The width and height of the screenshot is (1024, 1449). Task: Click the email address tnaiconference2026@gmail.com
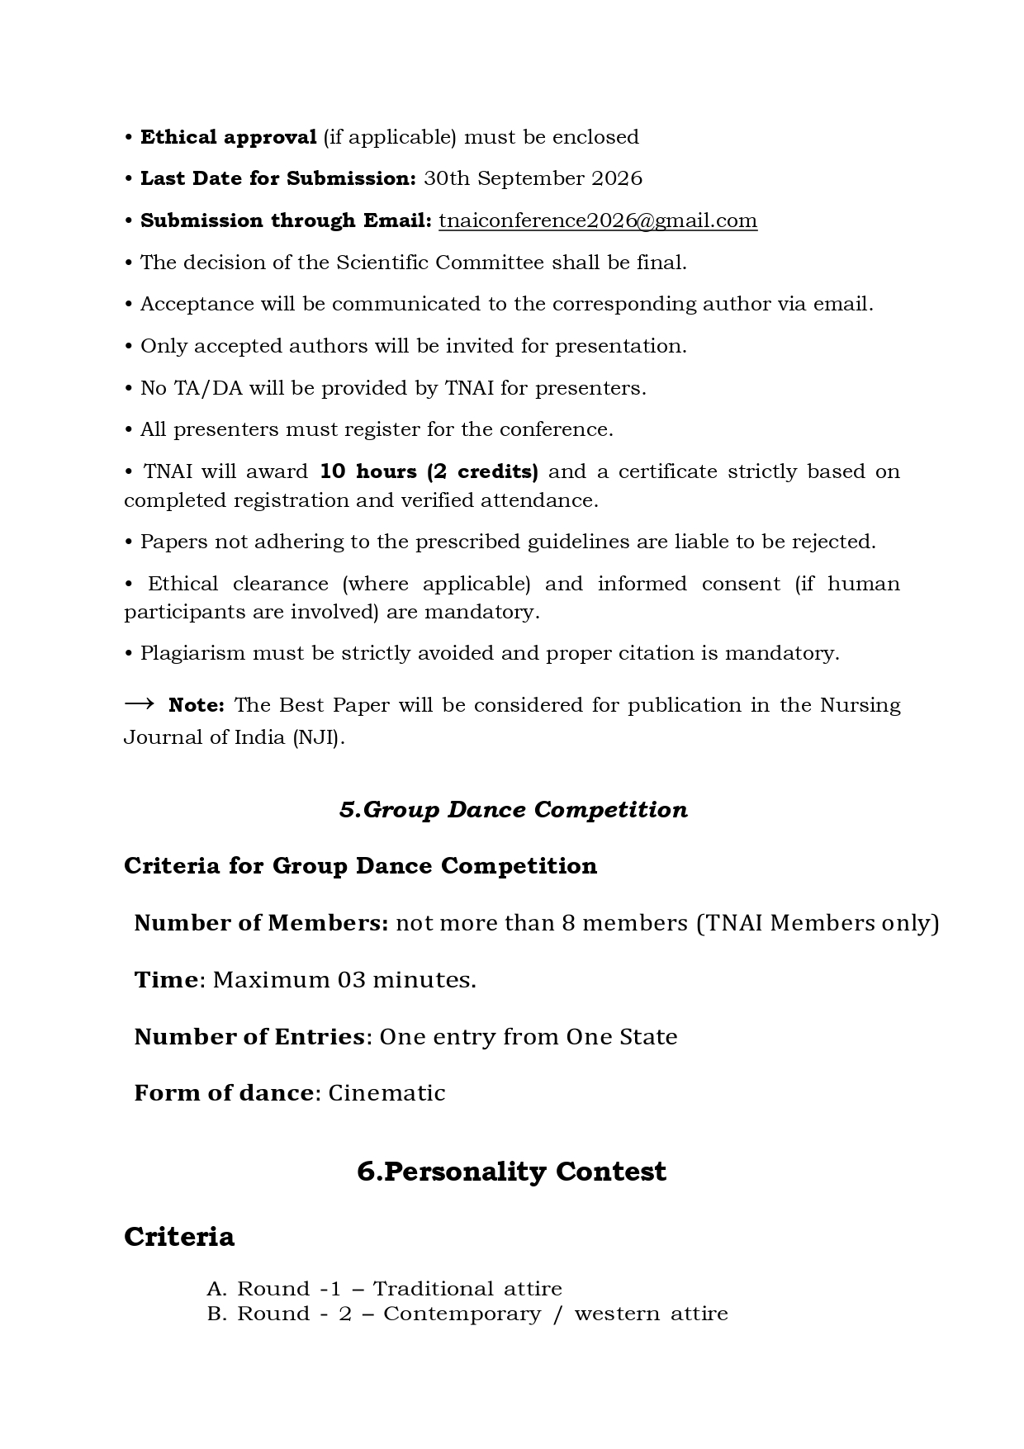click(x=597, y=220)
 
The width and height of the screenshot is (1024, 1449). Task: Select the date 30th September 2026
click(x=533, y=178)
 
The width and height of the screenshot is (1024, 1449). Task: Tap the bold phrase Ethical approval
click(x=228, y=137)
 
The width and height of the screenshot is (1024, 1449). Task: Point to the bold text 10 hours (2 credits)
click(x=429, y=471)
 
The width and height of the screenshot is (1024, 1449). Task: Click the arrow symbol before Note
click(x=140, y=703)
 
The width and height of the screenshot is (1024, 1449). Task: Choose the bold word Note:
click(x=197, y=705)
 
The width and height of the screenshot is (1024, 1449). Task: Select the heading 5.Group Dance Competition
click(x=513, y=809)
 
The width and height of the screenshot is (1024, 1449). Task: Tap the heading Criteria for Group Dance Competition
click(x=360, y=865)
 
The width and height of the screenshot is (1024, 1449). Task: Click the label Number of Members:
click(x=261, y=922)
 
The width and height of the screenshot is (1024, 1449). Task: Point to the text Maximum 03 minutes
click(x=344, y=979)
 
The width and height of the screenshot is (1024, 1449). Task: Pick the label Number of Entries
click(x=249, y=1036)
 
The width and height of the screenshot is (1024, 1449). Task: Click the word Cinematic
click(x=386, y=1092)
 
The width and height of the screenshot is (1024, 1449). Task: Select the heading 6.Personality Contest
click(x=511, y=1171)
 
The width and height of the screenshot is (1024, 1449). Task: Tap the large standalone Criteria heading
click(x=179, y=1236)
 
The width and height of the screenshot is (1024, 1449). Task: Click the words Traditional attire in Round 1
click(x=467, y=1289)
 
